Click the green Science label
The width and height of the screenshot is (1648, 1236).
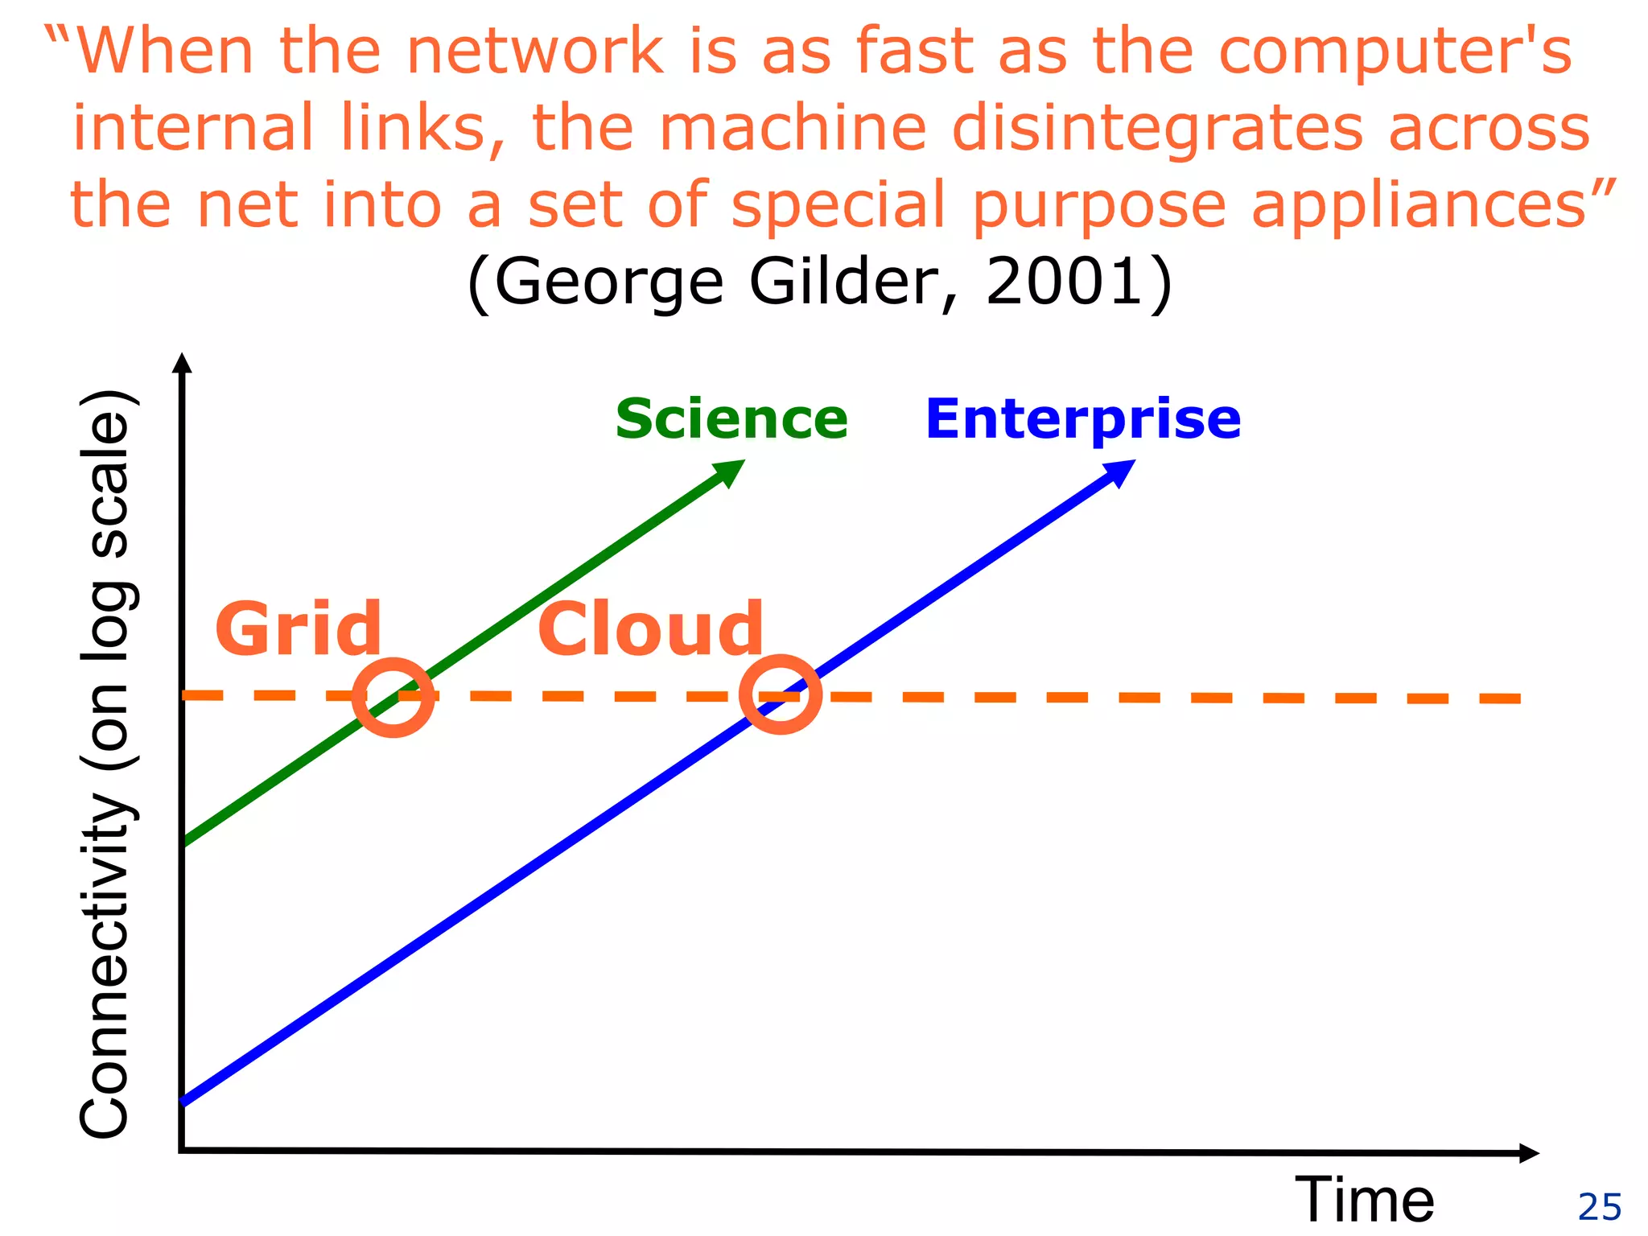731,419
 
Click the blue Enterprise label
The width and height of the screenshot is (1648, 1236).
1082,419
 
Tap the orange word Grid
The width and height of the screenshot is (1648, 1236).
298,628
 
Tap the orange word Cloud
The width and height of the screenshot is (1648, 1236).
650,628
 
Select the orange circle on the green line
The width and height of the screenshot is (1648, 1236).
393,697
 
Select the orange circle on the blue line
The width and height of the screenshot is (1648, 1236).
780,694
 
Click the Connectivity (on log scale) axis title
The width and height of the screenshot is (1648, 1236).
106,764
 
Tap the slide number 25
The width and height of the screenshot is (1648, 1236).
1599,1207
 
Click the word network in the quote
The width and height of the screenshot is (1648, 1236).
534,51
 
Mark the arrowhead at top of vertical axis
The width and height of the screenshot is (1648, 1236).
183,363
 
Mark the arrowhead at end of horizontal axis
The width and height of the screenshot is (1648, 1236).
1528,1153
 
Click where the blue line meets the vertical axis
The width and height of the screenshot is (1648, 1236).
184,1102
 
